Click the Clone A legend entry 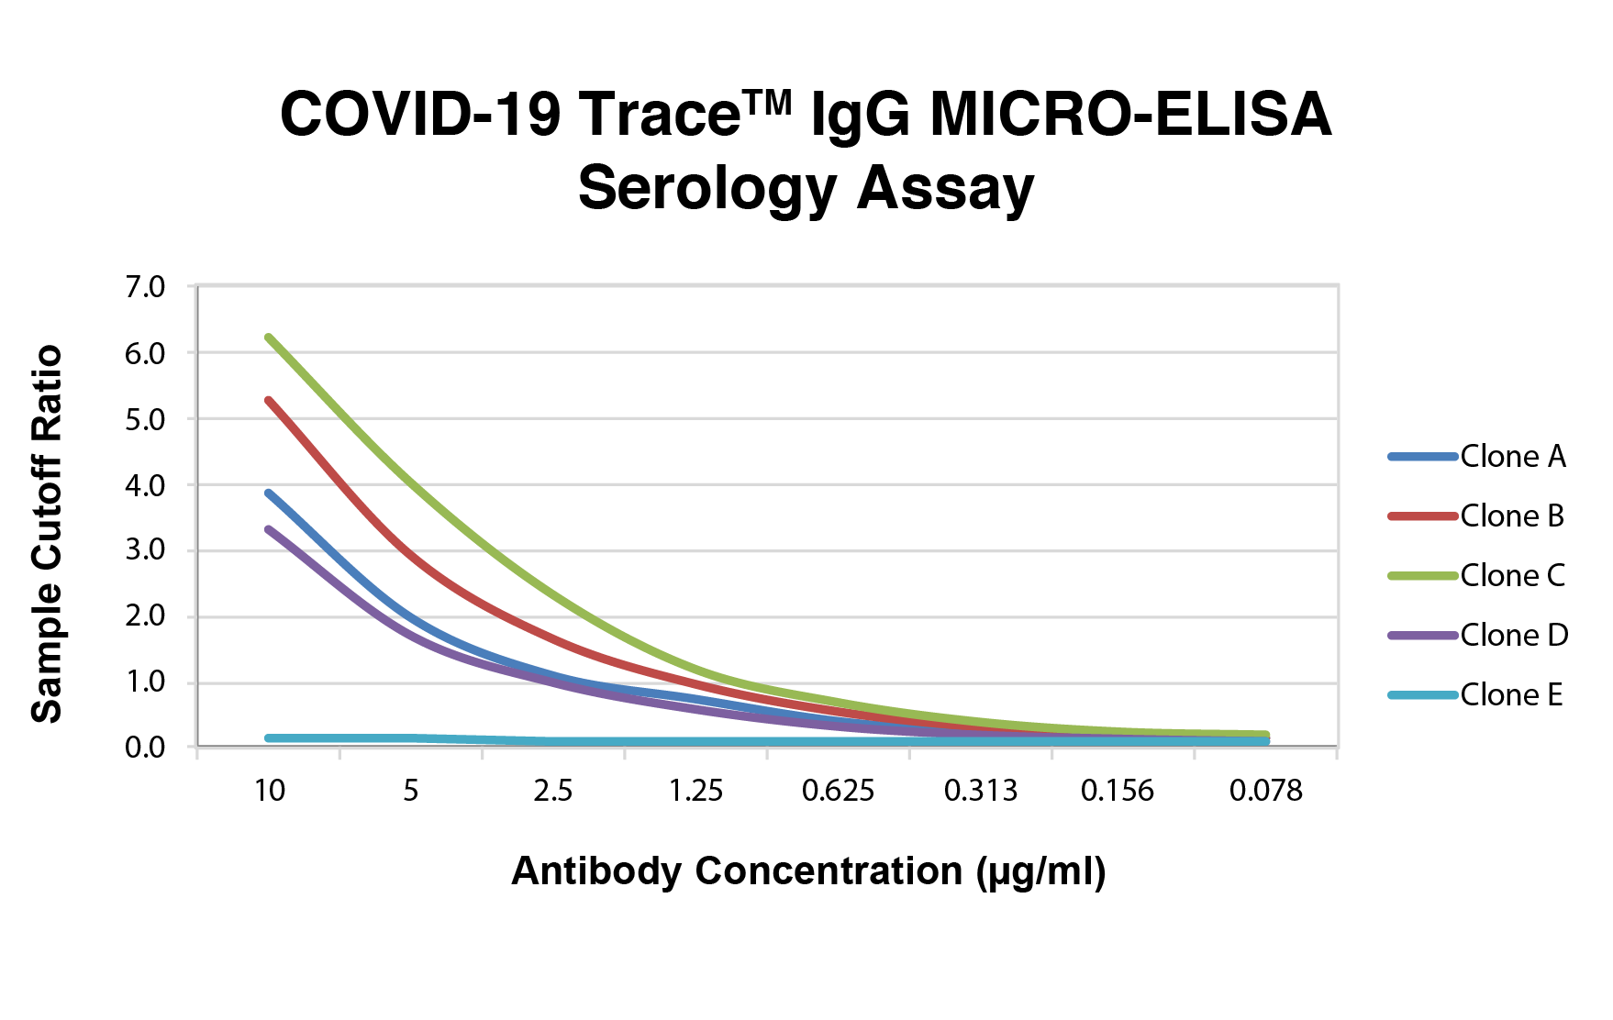(1477, 457)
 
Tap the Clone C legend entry (1477, 576)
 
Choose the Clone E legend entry (1476, 695)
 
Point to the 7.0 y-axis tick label (145, 287)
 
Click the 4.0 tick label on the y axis (145, 485)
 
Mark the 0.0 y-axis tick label (145, 748)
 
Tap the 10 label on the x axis (270, 791)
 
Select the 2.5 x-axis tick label (553, 791)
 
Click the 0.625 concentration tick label (839, 791)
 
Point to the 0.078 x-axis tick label (1266, 791)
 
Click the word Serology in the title (707, 190)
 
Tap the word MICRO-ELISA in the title (1130, 115)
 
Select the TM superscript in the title (768, 103)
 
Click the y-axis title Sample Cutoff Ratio (47, 534)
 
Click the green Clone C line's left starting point (268, 338)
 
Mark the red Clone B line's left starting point (268, 401)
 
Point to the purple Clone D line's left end (268, 529)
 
